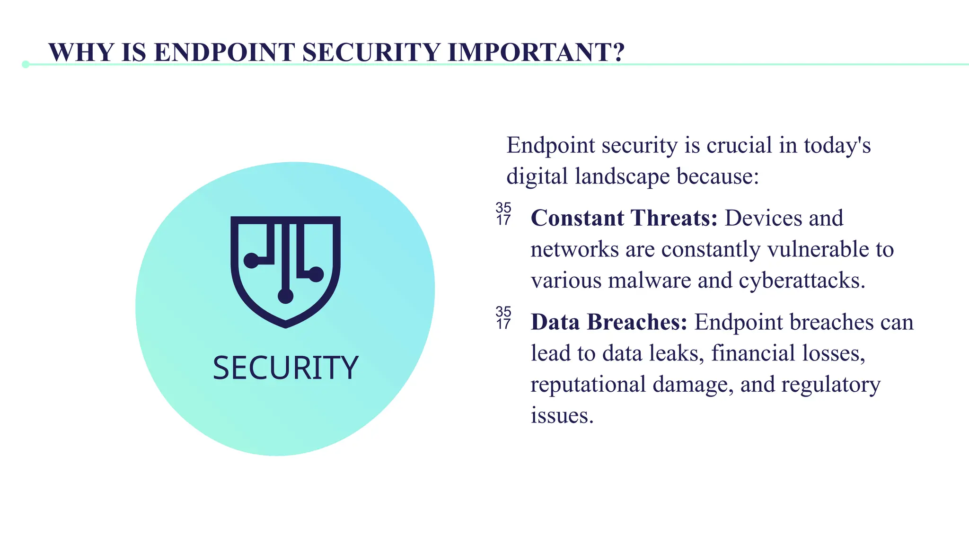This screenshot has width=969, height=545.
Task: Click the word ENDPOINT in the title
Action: pyautogui.click(x=225, y=52)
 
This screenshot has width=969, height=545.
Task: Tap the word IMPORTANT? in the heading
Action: pyautogui.click(x=536, y=52)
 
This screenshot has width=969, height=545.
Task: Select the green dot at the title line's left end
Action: pyautogui.click(x=26, y=64)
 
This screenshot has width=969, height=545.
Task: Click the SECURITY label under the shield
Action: pyautogui.click(x=285, y=368)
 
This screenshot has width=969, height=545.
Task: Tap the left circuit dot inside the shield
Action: pyautogui.click(x=251, y=260)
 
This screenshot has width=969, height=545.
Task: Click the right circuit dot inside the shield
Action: pyautogui.click(x=316, y=274)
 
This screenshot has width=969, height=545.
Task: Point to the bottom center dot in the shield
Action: pyautogui.click(x=285, y=296)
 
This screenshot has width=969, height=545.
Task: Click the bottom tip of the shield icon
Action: pyautogui.click(x=285, y=325)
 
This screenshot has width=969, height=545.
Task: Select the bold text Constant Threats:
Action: pyautogui.click(x=624, y=218)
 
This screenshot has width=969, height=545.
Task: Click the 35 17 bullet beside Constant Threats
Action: pyautogui.click(x=503, y=214)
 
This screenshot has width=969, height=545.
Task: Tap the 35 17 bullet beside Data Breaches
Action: pyautogui.click(x=503, y=318)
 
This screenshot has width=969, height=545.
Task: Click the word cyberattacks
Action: pyautogui.click(x=802, y=281)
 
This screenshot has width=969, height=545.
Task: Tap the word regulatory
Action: pyautogui.click(x=830, y=384)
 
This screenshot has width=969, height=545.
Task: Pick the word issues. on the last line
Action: pyautogui.click(x=562, y=415)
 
